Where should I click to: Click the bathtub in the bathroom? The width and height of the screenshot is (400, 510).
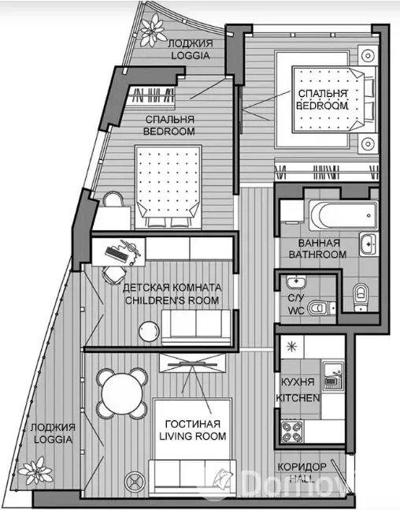click(343, 216)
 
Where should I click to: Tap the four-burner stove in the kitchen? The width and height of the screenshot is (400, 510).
click(292, 431)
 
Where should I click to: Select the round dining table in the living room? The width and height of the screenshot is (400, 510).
click(122, 394)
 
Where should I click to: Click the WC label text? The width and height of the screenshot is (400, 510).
click(296, 311)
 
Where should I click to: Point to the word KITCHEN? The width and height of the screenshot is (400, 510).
click(298, 398)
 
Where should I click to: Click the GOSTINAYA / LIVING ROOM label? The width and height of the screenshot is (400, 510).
click(193, 430)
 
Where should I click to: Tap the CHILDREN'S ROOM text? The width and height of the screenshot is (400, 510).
click(172, 300)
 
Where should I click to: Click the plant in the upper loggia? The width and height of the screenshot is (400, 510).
click(153, 30)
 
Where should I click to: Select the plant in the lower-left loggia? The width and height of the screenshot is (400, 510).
click(35, 471)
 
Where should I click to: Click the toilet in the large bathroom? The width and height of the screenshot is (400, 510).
click(361, 296)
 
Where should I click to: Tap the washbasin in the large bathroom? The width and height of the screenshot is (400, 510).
click(369, 244)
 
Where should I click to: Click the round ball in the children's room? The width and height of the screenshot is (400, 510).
click(149, 331)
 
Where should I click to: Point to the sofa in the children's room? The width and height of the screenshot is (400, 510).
click(196, 327)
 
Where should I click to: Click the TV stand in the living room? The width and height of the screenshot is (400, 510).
click(192, 363)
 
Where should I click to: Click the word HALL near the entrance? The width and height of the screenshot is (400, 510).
click(302, 478)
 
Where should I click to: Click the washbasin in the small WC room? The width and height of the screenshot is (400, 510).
click(296, 282)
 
